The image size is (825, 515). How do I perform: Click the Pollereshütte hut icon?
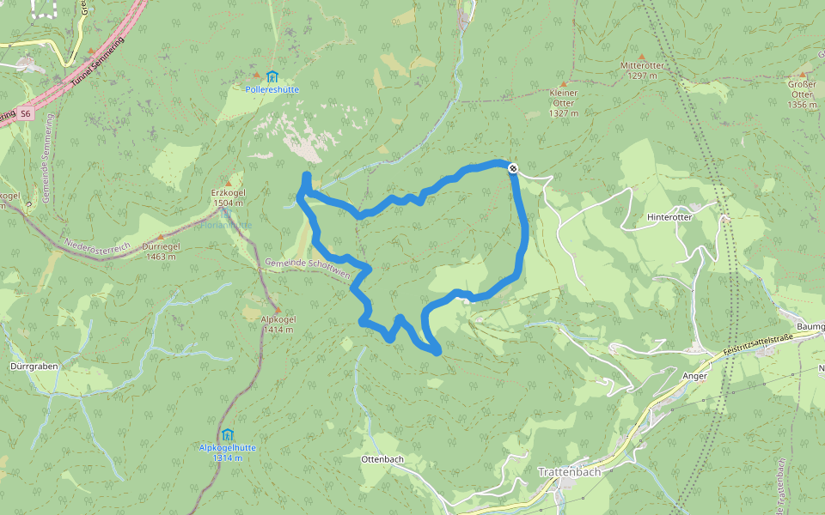click(272, 76)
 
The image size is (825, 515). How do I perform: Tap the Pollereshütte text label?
click(272, 89)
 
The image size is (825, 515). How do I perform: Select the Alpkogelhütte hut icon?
click(227, 435)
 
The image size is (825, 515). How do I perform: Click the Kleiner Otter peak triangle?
click(564, 82)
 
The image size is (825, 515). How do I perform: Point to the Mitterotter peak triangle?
click(641, 57)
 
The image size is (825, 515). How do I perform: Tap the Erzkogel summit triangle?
click(229, 184)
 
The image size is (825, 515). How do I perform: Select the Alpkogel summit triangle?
click(277, 310)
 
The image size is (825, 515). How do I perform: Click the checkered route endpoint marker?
click(513, 168)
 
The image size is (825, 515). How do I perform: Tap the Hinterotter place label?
click(669, 218)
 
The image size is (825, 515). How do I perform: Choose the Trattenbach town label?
click(568, 472)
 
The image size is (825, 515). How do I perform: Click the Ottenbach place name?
click(382, 459)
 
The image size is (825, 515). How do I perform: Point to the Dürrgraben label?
click(32, 366)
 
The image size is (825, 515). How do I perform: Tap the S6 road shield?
click(26, 113)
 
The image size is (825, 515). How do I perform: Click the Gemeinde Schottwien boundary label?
click(308, 268)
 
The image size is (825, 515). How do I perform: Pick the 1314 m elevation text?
click(227, 458)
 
